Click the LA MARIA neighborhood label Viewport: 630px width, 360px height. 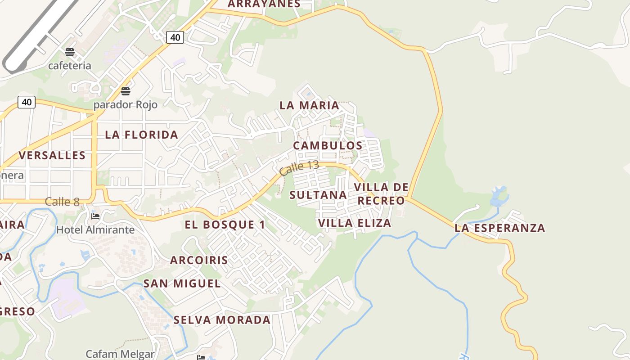point(309,105)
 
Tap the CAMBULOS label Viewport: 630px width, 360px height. point(328,146)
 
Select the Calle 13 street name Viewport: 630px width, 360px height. point(299,168)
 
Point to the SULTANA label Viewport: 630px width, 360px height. point(318,195)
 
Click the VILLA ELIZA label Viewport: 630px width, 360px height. point(355,223)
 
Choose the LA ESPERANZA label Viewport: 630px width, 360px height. point(499,228)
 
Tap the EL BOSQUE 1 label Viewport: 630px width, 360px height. point(225,225)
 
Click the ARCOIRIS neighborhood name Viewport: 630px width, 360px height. point(199,260)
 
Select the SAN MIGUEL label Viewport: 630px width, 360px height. point(182,283)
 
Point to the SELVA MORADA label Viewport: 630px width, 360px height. point(222,320)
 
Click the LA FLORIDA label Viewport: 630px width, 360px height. point(141,135)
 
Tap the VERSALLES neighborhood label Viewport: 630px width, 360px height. point(52,156)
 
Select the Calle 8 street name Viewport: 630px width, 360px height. point(62,202)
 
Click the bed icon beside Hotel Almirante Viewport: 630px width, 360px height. point(95,216)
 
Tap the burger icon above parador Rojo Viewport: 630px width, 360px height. point(126,92)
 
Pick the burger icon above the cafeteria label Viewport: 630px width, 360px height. point(69,52)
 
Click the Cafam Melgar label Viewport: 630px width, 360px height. point(120,354)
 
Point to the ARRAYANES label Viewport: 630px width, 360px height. point(264,4)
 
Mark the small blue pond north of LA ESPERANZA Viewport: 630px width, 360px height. point(499,196)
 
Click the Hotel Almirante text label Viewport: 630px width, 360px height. point(95,230)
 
